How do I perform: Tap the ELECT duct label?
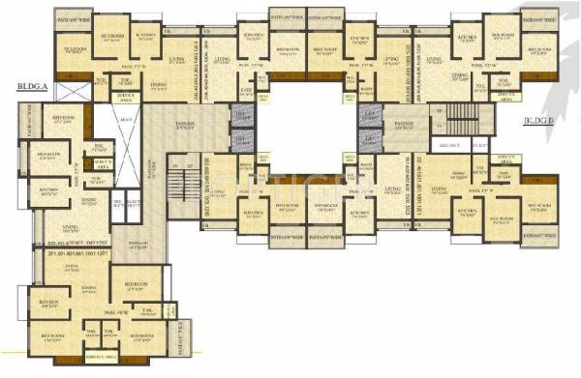(132, 201)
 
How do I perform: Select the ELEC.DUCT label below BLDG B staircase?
(451, 145)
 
